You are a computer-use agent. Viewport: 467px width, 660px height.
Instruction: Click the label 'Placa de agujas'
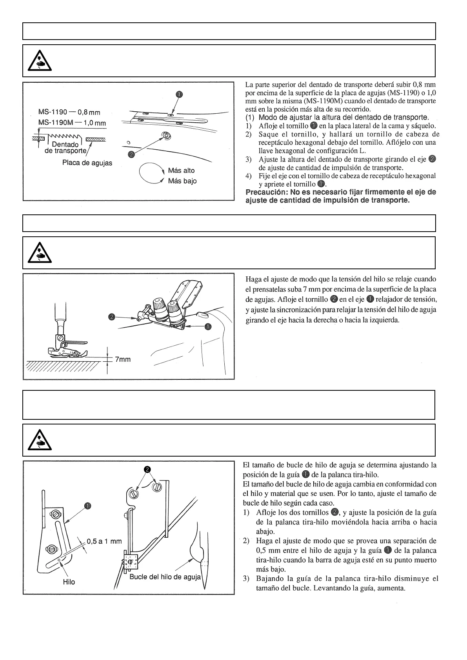tap(87, 163)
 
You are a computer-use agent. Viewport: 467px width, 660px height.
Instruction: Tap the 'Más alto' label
tap(181, 170)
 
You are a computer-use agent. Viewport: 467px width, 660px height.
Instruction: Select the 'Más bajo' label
tap(182, 181)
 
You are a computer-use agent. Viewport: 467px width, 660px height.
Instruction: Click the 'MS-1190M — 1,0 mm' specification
tap(72, 123)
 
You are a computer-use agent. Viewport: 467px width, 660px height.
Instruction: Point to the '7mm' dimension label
tap(123, 359)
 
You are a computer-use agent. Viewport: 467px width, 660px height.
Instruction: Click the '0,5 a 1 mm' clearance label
tap(104, 541)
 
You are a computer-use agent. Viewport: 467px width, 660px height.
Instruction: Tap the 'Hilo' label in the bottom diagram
tap(69, 582)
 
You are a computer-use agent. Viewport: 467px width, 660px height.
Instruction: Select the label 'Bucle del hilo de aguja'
tap(165, 577)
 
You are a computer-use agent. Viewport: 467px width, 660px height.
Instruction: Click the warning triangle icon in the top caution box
tap(40, 62)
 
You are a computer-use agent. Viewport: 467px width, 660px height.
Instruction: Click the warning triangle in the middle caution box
tap(40, 254)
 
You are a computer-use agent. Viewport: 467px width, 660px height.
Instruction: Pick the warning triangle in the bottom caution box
tap(40, 441)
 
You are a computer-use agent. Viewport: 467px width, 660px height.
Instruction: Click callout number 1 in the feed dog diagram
tap(178, 94)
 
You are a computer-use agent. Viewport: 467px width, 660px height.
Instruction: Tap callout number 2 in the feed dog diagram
tap(132, 154)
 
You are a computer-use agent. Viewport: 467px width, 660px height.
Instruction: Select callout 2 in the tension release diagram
tap(112, 317)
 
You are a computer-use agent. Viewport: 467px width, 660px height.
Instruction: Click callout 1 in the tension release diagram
tap(208, 326)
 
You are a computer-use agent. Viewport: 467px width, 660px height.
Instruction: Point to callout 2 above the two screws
tap(147, 469)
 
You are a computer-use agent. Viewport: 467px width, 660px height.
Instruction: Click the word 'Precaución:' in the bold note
tap(263, 192)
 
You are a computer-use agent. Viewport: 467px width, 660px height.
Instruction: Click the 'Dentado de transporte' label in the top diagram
tap(66, 148)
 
